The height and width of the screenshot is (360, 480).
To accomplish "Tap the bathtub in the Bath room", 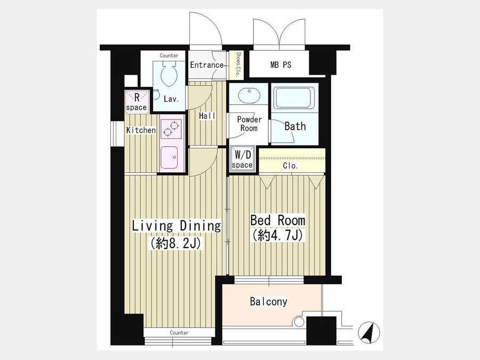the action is [x=294, y=98].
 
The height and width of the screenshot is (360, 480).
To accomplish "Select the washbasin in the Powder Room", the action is [x=249, y=95].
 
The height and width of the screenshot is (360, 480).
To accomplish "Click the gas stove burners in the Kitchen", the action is [x=171, y=129].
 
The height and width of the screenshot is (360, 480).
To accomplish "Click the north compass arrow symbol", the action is [x=370, y=332].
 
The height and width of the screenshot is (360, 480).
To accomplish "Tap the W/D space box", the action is [x=242, y=158].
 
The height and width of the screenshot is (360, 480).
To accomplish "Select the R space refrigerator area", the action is [x=137, y=102].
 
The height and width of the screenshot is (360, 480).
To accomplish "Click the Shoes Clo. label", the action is [x=238, y=65].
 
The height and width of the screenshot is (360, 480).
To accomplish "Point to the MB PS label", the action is [x=281, y=65].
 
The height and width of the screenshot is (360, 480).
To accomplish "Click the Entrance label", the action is [x=207, y=65].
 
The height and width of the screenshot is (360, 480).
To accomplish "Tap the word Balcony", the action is [x=268, y=301].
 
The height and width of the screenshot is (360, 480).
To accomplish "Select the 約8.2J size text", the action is [x=175, y=243].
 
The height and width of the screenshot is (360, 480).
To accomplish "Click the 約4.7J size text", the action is [x=277, y=235].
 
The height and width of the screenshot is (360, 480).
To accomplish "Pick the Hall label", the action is [x=207, y=116].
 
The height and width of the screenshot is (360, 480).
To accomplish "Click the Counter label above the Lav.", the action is [x=169, y=55].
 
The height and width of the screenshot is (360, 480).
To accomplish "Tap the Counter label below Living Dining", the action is [x=179, y=332].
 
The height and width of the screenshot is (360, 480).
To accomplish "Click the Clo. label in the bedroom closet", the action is [x=290, y=166].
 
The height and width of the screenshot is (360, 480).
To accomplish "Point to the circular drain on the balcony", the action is [x=299, y=322].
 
